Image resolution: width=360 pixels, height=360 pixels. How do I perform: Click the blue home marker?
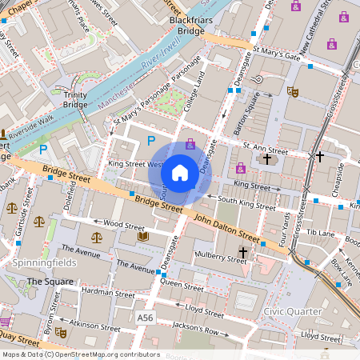coord(180,173)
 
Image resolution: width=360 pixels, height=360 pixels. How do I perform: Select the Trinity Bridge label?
coord(75,99)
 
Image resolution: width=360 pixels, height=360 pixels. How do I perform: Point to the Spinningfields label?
coord(44,262)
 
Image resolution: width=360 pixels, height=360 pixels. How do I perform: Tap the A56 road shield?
coord(145,318)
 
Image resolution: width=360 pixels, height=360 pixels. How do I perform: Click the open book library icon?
coord(143,237)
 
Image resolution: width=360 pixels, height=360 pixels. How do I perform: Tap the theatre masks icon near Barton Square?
coord(294,93)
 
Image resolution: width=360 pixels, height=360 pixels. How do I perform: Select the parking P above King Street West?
coord(150,141)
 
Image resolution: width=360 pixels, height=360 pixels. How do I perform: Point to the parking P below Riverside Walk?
coord(44,149)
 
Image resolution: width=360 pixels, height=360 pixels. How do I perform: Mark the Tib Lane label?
coord(320,233)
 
